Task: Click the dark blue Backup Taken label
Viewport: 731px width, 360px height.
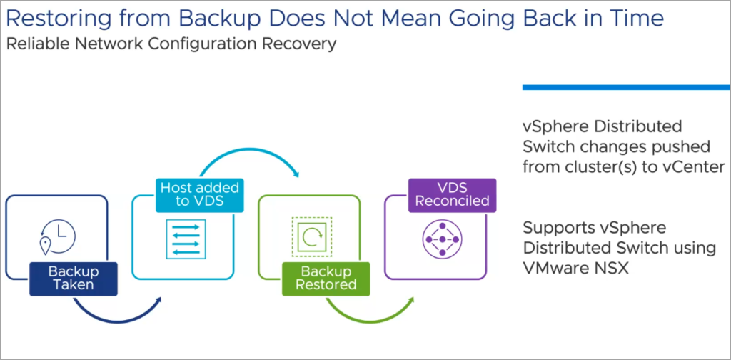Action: (74, 279)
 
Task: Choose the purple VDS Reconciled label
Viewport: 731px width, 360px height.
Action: (452, 194)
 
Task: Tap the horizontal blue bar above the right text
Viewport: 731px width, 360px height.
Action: (625, 87)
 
